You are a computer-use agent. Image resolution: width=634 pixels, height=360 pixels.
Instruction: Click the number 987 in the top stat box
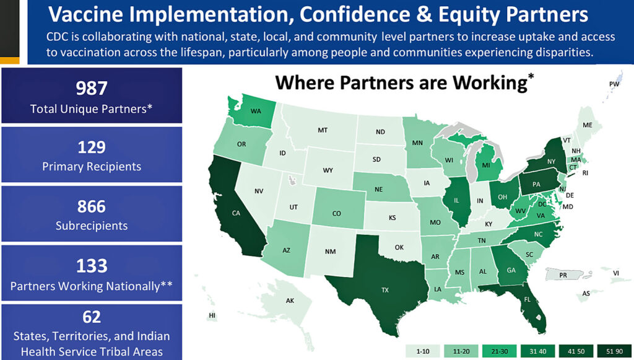click(92, 87)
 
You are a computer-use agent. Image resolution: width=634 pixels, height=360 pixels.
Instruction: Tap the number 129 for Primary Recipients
click(92, 147)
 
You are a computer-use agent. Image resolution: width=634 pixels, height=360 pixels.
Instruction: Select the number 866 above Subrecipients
click(92, 206)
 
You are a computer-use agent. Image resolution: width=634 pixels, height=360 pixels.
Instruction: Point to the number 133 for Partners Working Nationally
click(92, 265)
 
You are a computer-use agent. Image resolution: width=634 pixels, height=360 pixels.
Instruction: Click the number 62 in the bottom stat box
click(92, 318)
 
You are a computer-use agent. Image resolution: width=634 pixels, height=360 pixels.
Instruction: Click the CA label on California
click(236, 213)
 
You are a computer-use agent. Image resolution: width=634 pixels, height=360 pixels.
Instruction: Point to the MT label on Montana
click(322, 130)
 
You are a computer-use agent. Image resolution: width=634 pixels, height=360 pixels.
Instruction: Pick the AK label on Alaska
click(290, 301)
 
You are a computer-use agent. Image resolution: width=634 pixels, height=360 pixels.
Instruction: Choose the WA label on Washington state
click(255, 112)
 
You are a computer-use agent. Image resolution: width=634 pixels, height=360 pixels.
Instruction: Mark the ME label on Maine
click(588, 125)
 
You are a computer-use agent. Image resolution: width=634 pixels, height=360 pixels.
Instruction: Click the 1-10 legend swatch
click(423, 351)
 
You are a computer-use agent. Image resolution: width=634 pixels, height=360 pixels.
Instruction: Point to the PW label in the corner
click(614, 84)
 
